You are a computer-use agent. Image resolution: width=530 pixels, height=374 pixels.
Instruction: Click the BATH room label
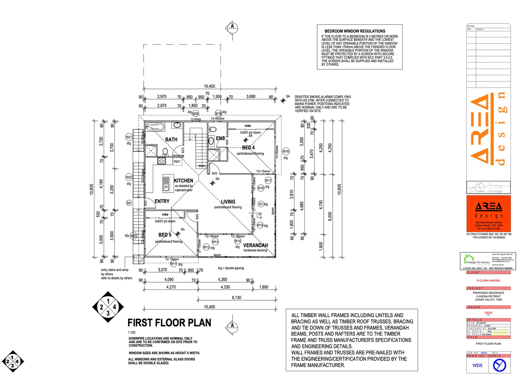pos(171,140)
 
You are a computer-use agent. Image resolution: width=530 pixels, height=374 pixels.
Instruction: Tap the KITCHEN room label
pos(183,181)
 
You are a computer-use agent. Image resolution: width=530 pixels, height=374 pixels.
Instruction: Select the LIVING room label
pos(228,202)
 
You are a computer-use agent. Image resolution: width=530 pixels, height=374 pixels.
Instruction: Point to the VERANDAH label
pos(255,245)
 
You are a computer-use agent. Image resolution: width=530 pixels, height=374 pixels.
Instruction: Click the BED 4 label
pos(248,148)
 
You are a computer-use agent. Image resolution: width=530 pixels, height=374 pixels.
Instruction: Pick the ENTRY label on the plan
pos(162,201)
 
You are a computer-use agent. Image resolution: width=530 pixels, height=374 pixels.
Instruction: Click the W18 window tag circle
pos(286,151)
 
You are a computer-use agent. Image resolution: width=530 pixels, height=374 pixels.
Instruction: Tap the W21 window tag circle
pos(129,137)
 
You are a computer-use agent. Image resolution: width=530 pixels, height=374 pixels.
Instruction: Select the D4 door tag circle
pos(129,203)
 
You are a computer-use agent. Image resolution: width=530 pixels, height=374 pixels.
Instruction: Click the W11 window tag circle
pos(173,264)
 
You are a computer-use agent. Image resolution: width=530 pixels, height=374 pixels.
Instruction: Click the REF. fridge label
pos(177,162)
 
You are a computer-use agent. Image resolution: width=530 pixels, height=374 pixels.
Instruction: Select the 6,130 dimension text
pos(237,297)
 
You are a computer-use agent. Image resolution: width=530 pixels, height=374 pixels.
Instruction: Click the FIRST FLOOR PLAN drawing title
pos(169,323)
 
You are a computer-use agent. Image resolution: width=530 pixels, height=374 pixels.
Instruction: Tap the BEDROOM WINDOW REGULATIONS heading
pos(355,31)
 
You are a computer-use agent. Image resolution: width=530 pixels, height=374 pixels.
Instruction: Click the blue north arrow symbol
pos(499,365)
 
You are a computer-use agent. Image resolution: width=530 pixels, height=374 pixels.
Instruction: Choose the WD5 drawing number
pos(477,365)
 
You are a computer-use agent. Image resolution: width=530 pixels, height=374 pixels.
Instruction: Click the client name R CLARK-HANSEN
pos(488,280)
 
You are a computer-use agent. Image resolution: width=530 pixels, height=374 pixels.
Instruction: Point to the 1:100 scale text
pos(131,332)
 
